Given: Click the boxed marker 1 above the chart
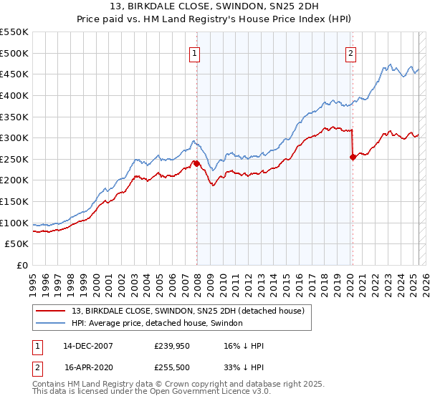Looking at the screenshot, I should (195, 52).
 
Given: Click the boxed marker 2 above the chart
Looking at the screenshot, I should (351, 52).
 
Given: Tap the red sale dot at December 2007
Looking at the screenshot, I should (196, 163).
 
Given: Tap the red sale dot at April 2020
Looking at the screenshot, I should (353, 157).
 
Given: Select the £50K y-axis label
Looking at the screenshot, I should (17, 244).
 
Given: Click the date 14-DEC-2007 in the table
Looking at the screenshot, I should (88, 345).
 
